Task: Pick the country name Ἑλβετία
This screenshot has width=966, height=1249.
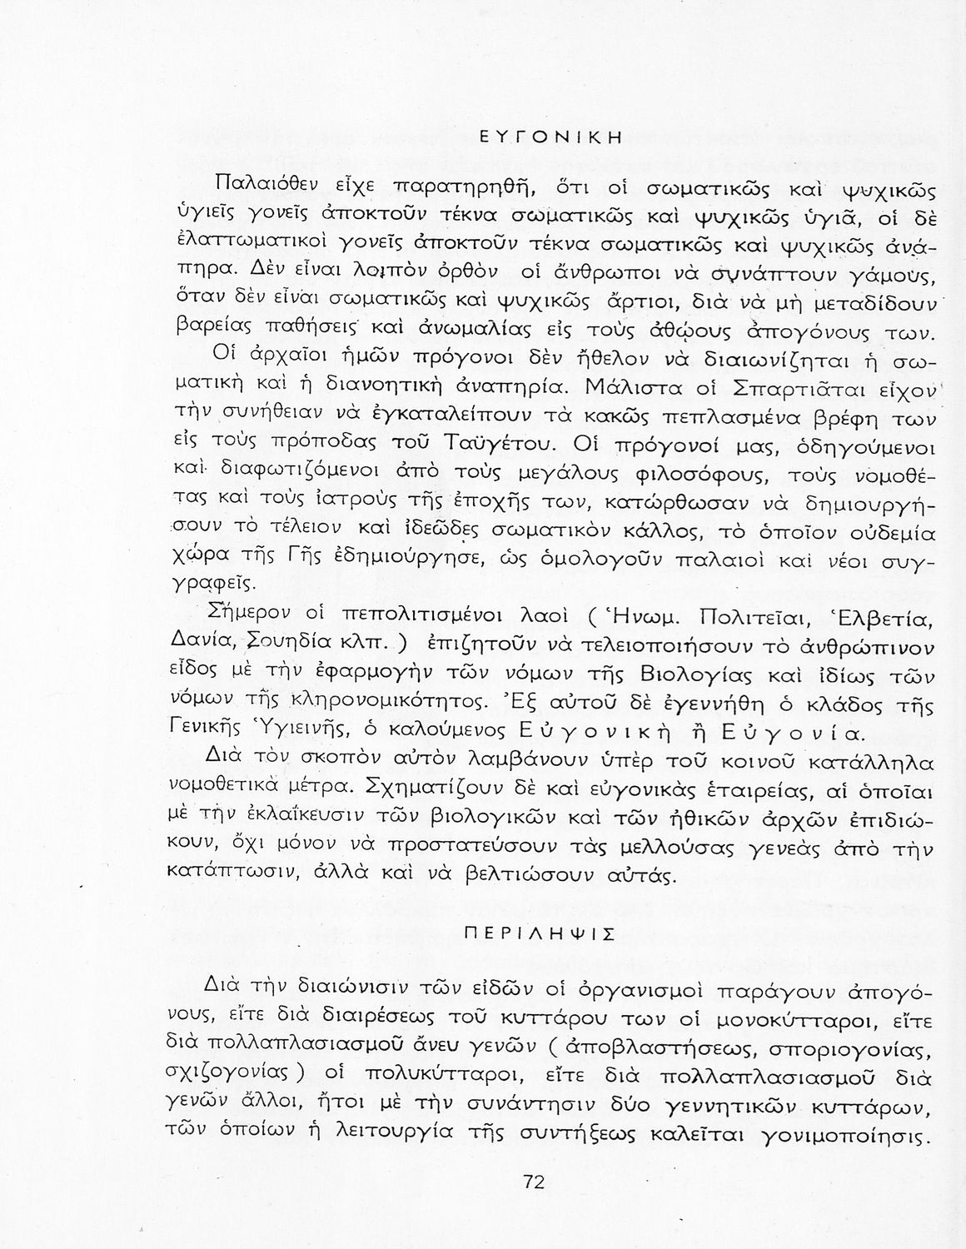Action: point(886,618)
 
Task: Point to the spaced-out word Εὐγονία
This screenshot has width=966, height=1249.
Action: point(799,733)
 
